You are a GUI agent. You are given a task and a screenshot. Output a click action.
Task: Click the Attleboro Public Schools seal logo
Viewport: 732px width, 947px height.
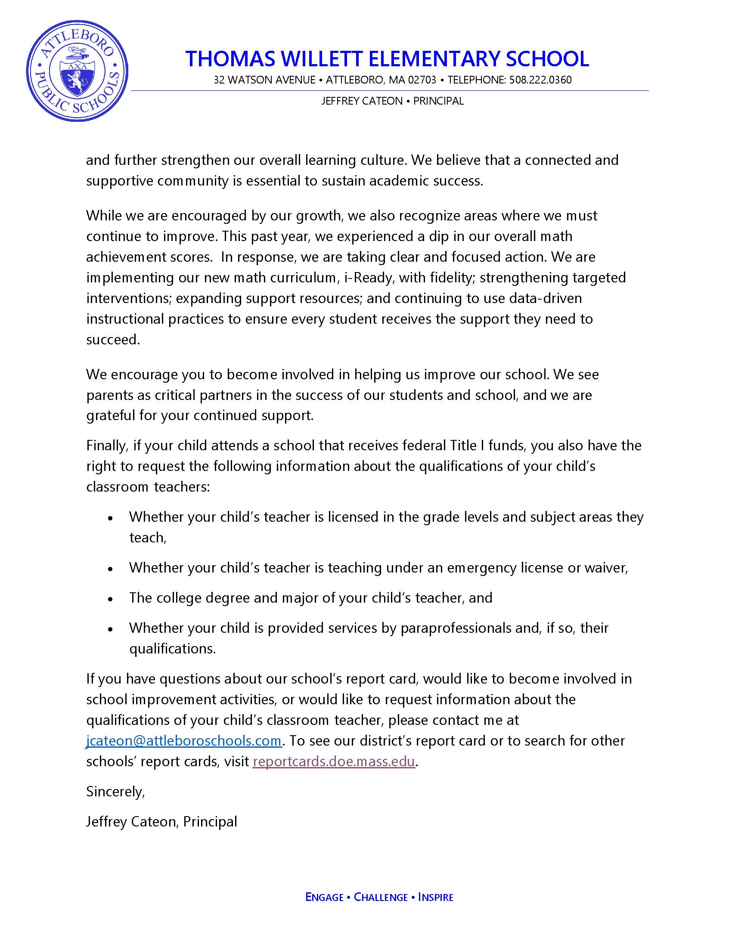[x=77, y=71]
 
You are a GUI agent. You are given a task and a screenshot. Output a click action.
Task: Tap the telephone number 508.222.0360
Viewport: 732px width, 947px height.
[x=540, y=80]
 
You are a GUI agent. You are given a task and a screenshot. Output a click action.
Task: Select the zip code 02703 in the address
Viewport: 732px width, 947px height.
[x=422, y=80]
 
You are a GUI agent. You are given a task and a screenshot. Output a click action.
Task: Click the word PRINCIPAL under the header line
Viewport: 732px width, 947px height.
[x=438, y=101]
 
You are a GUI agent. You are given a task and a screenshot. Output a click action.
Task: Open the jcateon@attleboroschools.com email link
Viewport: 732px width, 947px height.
[x=184, y=740]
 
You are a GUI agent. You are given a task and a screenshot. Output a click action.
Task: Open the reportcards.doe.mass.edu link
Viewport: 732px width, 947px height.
[x=334, y=761]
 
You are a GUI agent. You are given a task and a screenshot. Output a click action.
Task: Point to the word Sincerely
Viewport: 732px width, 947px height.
[x=115, y=791]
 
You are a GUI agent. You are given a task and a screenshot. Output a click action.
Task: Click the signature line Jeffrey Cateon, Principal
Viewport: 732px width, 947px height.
[x=162, y=821]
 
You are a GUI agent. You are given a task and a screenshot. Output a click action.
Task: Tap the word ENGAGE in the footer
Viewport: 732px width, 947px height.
[x=324, y=897]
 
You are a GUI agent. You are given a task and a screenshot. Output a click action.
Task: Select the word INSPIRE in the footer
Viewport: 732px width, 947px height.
[x=435, y=897]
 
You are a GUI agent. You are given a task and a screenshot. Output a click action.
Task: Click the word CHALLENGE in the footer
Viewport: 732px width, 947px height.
[x=381, y=897]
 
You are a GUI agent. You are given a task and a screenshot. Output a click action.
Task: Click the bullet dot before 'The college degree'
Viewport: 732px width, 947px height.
[x=111, y=599]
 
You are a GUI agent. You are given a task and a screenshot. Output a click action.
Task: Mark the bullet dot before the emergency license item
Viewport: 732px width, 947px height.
[x=111, y=569]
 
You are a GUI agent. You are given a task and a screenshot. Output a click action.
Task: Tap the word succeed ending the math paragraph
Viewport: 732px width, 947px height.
[x=113, y=340]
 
